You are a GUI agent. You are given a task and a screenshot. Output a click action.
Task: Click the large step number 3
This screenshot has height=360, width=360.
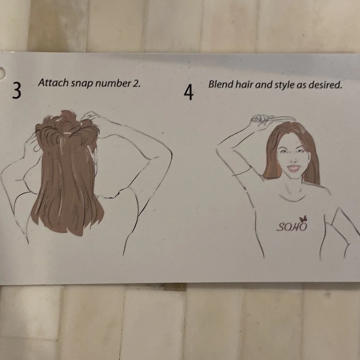tap(17, 90)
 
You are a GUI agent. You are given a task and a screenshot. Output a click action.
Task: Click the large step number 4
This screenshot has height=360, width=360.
tap(189, 92)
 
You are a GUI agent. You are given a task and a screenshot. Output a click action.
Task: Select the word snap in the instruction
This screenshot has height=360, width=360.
tap(82, 84)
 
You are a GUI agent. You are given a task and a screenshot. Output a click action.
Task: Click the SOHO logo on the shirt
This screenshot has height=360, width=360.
tap(292, 227)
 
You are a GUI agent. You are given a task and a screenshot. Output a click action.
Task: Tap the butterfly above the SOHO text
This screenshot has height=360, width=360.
tap(303, 219)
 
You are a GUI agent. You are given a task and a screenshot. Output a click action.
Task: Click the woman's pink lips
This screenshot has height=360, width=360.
tap(294, 168)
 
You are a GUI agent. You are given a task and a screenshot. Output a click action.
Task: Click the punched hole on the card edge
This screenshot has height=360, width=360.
tap(2, 73)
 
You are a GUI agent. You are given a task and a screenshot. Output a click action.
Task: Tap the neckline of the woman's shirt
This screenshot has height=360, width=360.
tap(292, 199)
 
